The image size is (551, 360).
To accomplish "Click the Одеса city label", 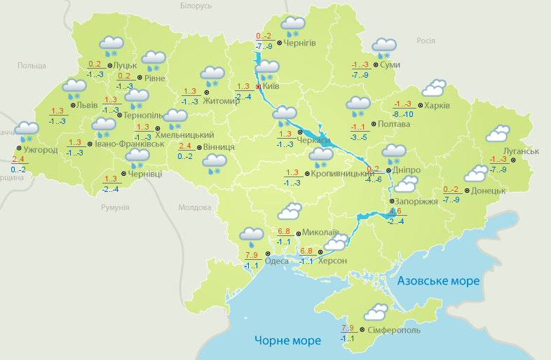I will tap(278, 262).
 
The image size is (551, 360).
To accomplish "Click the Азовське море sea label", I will tap(439, 281).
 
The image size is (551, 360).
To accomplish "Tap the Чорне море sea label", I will tap(287, 340).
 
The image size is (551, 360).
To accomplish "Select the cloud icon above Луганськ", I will tap(498, 133).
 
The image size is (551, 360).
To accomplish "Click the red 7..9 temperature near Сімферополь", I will tap(347, 328).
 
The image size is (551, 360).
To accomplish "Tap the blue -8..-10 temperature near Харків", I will tap(402, 114).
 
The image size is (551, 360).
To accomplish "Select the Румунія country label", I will tap(115, 208).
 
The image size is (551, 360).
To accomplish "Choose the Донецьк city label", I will tap(489, 191).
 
